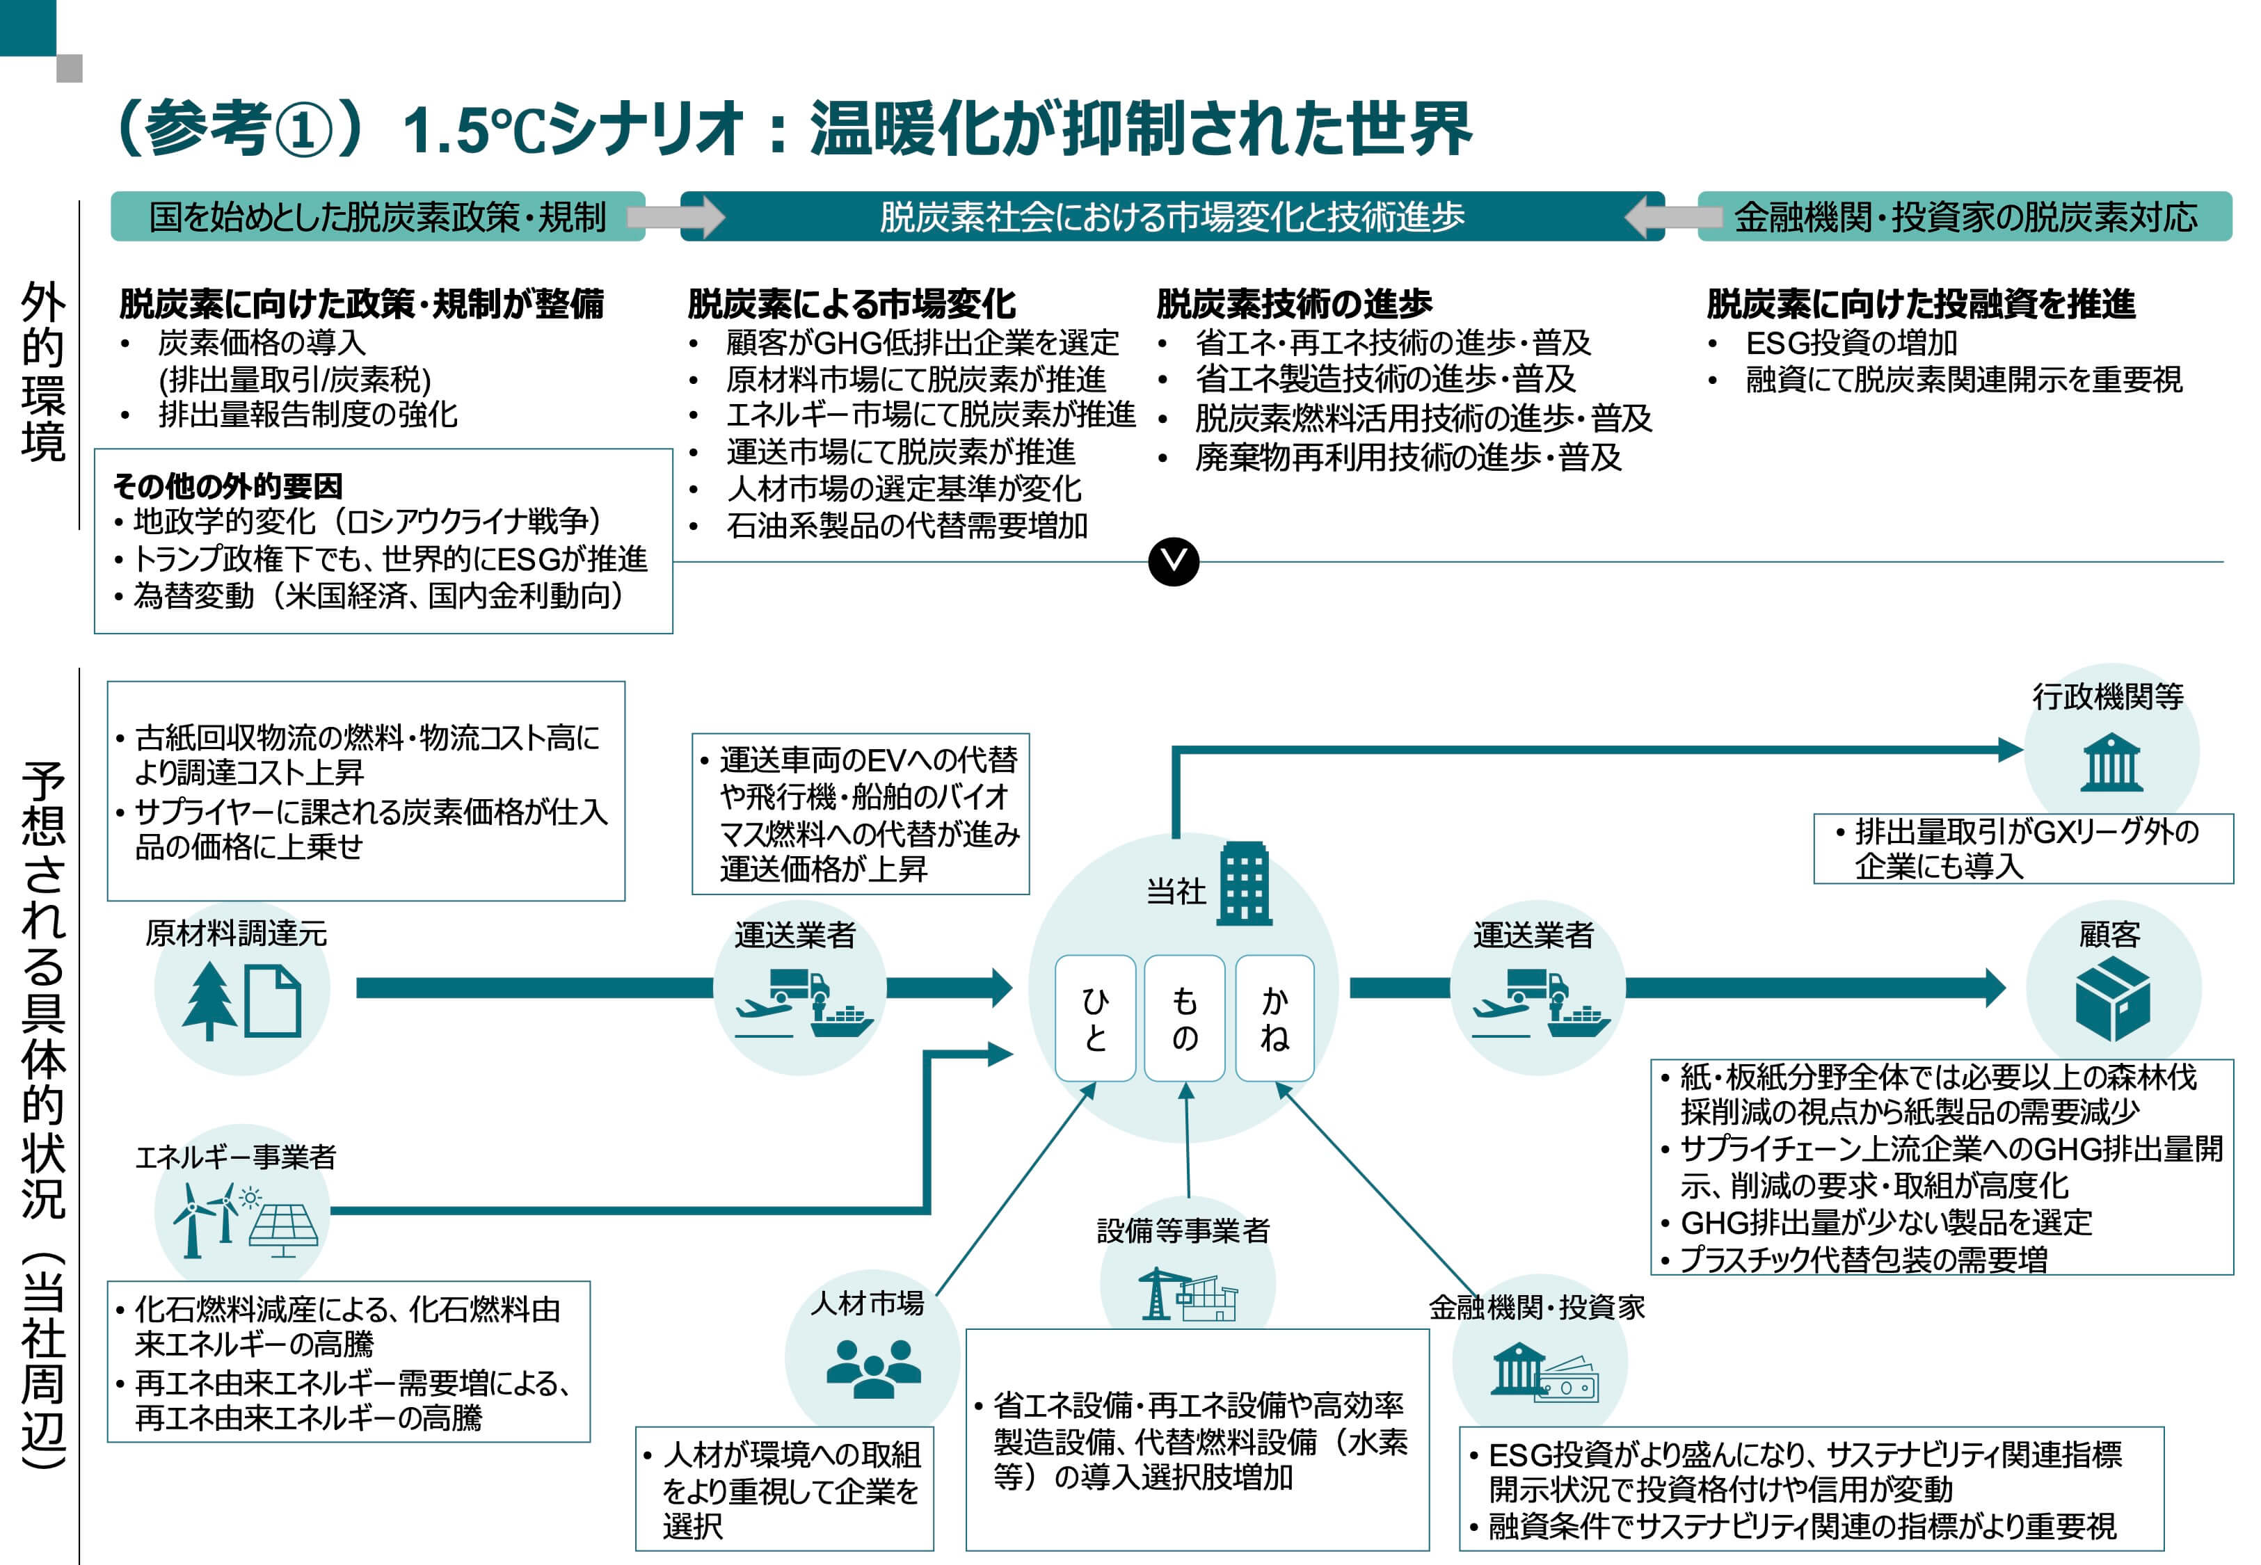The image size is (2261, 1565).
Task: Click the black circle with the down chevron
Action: [1173, 562]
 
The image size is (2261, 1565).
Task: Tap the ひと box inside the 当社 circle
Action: [1095, 1018]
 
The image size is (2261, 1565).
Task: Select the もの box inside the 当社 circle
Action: [1185, 1018]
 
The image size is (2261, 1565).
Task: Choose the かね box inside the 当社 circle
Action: [1275, 1018]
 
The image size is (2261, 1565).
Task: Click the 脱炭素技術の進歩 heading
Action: [1293, 304]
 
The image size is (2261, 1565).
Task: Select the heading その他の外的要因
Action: [227, 485]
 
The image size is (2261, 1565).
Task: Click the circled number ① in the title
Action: [303, 131]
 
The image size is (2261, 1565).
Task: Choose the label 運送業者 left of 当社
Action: [794, 935]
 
